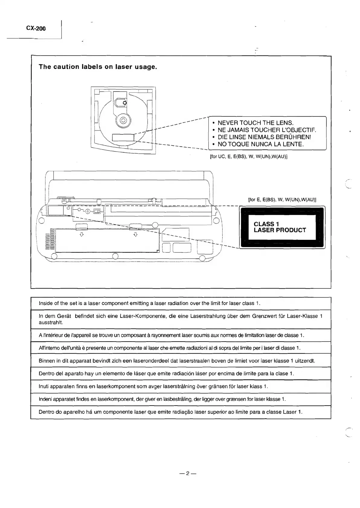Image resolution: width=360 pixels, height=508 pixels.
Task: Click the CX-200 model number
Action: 36,28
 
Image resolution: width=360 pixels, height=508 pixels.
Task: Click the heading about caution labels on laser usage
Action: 98,67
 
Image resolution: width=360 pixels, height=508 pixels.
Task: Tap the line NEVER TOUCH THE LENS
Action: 256,123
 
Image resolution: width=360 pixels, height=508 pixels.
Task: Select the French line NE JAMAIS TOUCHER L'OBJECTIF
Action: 267,130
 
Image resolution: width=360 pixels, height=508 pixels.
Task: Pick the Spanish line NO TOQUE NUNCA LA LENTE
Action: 260,144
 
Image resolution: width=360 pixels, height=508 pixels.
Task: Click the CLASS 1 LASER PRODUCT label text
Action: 280,227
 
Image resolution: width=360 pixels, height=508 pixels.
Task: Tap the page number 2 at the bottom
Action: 187,473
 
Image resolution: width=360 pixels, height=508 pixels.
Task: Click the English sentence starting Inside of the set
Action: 149,303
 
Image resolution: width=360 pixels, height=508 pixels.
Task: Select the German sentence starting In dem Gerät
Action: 181,317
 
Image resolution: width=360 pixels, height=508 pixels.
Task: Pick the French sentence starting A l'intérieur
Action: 171,335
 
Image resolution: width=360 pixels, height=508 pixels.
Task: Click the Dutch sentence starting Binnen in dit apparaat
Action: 177,361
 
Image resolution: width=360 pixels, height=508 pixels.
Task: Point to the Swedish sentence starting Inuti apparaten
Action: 153,386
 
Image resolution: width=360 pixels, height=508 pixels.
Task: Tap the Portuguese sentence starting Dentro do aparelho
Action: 171,412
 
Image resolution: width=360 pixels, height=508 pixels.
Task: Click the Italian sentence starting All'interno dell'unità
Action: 169,348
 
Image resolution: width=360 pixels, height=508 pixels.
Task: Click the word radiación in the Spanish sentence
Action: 185,374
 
